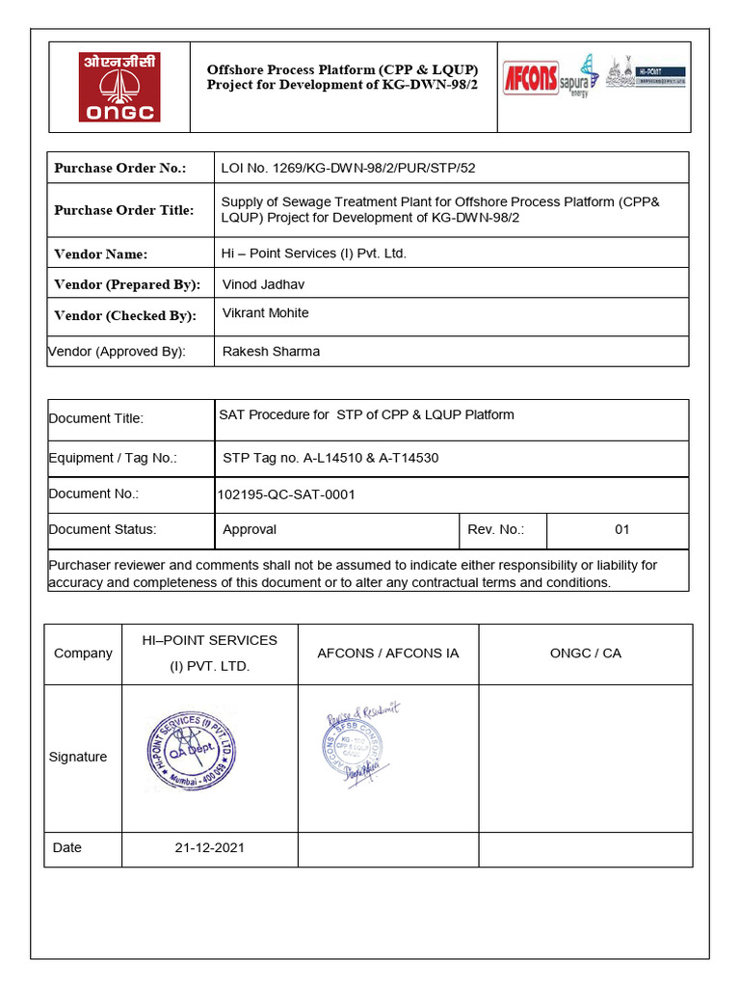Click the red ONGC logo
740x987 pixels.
[119, 87]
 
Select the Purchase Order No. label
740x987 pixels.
[119, 168]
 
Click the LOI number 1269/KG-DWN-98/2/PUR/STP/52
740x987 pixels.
[348, 168]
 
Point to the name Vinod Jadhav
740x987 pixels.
[261, 284]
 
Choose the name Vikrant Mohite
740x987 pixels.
[265, 313]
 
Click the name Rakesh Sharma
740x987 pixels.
[271, 352]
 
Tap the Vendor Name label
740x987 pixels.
[101, 254]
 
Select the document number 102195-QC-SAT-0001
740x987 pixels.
[286, 494]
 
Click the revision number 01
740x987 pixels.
[621, 529]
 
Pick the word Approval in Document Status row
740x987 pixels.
[250, 529]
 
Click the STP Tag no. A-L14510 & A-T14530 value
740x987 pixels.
[330, 458]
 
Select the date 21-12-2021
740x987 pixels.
[209, 848]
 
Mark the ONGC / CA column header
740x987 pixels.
[585, 654]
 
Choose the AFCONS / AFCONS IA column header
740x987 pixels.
[387, 654]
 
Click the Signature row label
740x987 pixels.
[78, 758]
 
